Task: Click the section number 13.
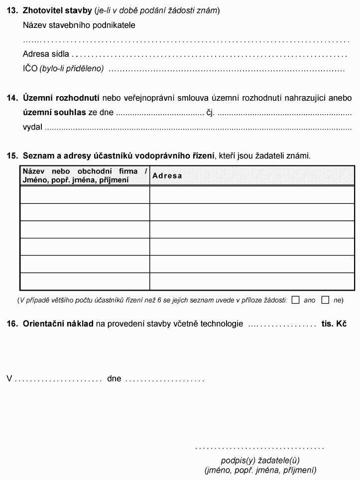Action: (12, 10)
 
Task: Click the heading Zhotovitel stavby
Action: (57, 10)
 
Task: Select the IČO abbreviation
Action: (30, 68)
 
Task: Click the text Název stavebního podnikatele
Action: (79, 25)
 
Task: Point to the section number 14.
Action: (12, 98)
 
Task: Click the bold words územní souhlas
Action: (54, 112)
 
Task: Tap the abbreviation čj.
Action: (210, 113)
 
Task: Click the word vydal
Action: (32, 127)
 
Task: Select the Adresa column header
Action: (167, 176)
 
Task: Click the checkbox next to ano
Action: (296, 300)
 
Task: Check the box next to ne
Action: (326, 300)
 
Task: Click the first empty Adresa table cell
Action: (252, 195)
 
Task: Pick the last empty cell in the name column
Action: (85, 282)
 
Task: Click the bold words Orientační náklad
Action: (58, 324)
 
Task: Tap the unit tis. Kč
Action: (334, 324)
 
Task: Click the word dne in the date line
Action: (114, 378)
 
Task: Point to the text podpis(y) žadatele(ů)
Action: (260, 460)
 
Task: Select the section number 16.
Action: (12, 324)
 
